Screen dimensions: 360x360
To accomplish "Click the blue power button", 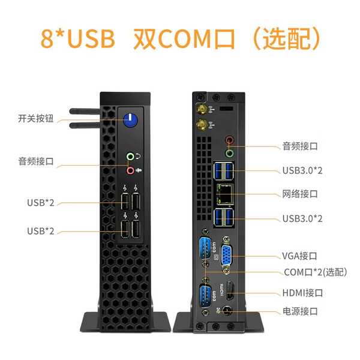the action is point(130,120).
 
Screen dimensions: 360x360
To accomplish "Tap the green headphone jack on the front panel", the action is point(130,157).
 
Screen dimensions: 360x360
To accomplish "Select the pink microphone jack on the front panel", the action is point(130,170).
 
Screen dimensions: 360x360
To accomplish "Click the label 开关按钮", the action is point(36,118).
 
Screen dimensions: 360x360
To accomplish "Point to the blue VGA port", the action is point(226,255).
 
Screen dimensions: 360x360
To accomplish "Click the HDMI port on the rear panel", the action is point(230,290).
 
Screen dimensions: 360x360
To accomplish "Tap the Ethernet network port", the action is point(225,194).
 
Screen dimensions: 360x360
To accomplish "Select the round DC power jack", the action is point(227,311).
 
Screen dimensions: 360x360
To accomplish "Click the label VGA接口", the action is point(299,256).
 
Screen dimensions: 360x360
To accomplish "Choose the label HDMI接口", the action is point(302,293).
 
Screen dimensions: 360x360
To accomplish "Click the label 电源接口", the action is point(300,311).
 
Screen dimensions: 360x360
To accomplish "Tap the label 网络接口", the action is point(300,194).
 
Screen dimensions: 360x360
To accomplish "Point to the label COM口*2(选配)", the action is point(316,272).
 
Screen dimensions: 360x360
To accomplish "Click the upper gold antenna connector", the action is point(202,110).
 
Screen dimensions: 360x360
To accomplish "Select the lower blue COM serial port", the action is point(205,296).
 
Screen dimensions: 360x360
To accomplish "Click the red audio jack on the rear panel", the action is point(229,140).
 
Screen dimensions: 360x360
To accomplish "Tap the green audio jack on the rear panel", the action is point(229,153).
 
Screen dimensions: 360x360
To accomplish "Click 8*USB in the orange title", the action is point(77,38).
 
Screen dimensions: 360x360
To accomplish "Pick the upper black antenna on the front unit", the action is point(85,112).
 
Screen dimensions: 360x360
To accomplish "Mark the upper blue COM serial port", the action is point(205,248).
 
